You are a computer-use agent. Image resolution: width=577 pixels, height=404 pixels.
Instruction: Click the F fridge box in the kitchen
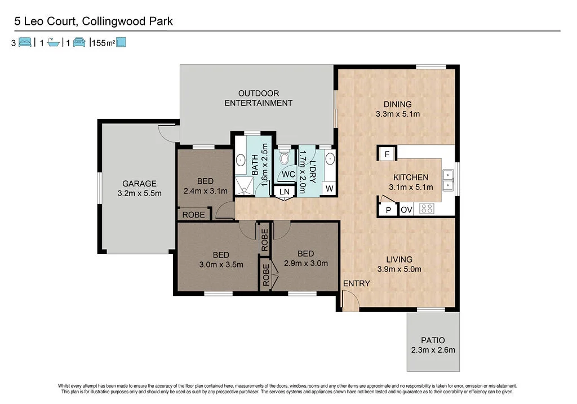pyautogui.click(x=387, y=154)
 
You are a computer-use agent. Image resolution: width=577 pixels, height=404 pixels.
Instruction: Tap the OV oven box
pyautogui.click(x=407, y=210)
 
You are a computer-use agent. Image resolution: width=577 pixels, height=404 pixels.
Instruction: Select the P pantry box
pyautogui.click(x=388, y=210)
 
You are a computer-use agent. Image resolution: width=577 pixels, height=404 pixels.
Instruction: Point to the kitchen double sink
pyautogui.click(x=448, y=179)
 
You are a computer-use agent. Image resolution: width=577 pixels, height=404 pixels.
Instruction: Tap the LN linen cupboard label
pyautogui.click(x=285, y=192)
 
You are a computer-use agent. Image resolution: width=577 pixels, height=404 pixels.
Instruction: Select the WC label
pyautogui.click(x=288, y=175)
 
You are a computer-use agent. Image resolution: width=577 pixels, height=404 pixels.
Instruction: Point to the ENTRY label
pyautogui.click(x=356, y=283)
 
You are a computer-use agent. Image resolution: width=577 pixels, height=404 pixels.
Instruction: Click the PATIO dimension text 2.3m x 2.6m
pyautogui.click(x=433, y=350)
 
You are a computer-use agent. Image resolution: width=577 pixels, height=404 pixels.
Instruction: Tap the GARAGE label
pyautogui.click(x=139, y=184)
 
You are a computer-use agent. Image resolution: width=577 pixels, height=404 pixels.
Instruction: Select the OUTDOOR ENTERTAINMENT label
pyautogui.click(x=258, y=98)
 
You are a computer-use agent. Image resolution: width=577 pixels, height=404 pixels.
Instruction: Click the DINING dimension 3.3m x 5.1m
pyautogui.click(x=397, y=114)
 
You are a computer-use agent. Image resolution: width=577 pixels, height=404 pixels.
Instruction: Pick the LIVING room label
pyautogui.click(x=400, y=259)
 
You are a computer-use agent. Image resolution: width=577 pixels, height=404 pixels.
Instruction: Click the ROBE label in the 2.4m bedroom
pyautogui.click(x=193, y=215)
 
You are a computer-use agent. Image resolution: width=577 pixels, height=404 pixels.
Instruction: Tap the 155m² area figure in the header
pyautogui.click(x=102, y=43)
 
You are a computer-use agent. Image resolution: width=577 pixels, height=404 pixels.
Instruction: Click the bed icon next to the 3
pyautogui.click(x=25, y=42)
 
